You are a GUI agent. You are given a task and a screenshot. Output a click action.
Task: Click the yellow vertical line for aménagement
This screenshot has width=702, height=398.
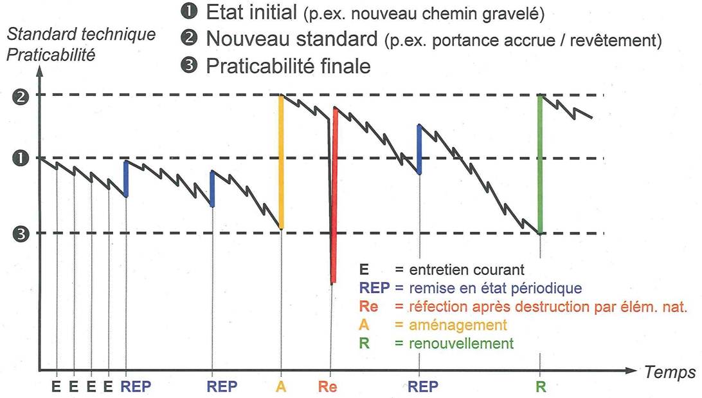point(281,161)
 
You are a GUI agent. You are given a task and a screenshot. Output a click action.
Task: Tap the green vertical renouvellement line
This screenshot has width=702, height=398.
point(540,164)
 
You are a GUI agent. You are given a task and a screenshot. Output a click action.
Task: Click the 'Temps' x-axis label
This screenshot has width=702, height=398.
point(668,372)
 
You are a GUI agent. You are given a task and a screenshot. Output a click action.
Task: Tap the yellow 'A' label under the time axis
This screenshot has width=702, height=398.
point(281,387)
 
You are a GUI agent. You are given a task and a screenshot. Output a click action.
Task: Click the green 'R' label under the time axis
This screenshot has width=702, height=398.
point(540,387)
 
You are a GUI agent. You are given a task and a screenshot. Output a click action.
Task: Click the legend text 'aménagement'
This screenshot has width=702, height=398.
point(457,325)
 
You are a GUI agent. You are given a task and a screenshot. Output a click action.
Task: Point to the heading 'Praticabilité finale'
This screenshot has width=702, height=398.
point(289,66)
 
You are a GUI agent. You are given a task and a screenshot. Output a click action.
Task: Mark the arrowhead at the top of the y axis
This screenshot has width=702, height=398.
point(40,70)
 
